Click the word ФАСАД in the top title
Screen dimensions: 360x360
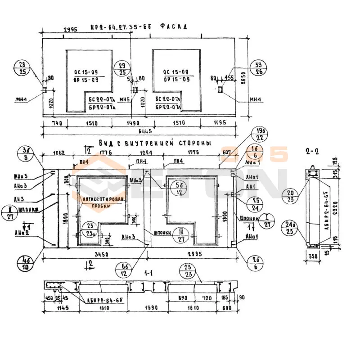click(173, 27)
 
